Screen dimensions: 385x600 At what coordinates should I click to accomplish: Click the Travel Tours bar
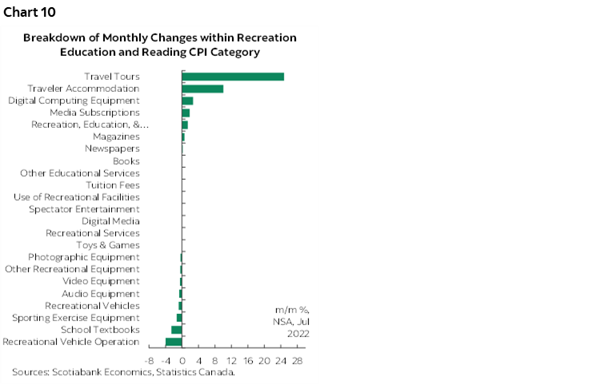233,77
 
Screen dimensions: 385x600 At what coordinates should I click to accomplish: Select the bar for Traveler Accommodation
202,89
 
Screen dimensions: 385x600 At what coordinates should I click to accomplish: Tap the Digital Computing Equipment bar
188,101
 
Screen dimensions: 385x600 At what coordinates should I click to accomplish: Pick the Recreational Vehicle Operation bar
174,342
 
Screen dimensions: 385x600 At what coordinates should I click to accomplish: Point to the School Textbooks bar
177,330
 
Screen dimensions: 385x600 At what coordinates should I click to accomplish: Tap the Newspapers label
112,149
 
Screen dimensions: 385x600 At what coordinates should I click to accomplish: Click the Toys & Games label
108,245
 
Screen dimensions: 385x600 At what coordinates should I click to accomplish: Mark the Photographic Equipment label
84,257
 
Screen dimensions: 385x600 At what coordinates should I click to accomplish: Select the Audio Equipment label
101,294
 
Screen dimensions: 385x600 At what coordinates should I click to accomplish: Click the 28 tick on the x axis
297,360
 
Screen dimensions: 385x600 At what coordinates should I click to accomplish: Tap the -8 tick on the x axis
150,360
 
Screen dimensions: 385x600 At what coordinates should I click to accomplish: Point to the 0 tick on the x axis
182,360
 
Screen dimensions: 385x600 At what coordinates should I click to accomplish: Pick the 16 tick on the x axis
248,360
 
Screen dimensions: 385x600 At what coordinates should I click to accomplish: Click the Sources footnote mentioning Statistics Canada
123,372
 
